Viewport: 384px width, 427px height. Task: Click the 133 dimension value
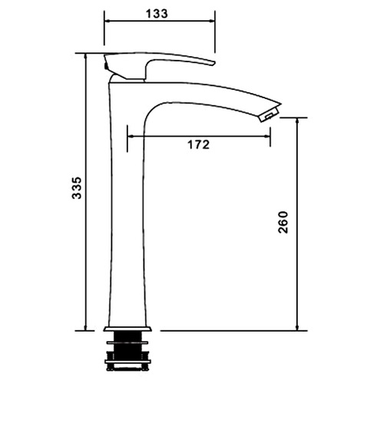click(157, 14)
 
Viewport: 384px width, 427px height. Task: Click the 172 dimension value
click(199, 144)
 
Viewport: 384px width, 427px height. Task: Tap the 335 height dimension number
click(77, 188)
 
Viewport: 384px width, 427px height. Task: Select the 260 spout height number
click(283, 222)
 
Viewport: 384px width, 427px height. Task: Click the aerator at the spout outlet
click(270, 114)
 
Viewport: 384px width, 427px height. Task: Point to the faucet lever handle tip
click(213, 63)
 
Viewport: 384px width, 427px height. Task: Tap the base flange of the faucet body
click(127, 329)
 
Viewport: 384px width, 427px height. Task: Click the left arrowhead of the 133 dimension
click(107, 21)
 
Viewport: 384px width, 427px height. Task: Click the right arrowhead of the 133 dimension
click(212, 21)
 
